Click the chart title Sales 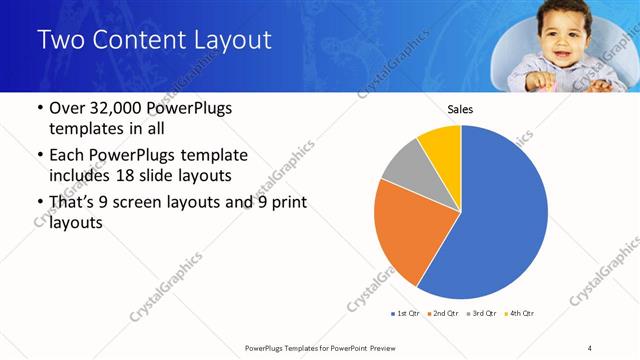click(x=460, y=110)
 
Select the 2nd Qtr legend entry click(x=445, y=314)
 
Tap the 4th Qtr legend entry click(x=521, y=314)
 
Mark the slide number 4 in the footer click(x=590, y=347)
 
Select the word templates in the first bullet click(x=84, y=129)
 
